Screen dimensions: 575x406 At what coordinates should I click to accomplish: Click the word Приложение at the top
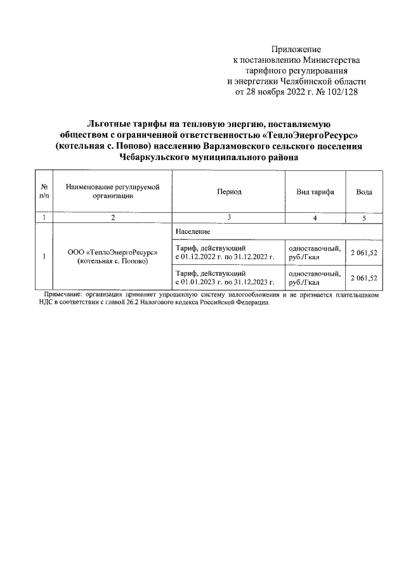coord(296,49)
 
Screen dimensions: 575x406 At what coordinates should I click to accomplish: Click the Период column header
coord(229,191)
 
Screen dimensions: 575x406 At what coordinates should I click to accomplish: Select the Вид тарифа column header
coord(315,191)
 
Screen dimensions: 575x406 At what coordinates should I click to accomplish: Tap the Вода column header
coord(364,191)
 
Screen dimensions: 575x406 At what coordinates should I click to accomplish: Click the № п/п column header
coord(44,191)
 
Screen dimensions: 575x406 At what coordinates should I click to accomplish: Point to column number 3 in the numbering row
coord(229,217)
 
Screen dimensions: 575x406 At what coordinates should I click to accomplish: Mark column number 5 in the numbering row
coord(364,218)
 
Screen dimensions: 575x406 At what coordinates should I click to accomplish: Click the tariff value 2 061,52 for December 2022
coord(364,252)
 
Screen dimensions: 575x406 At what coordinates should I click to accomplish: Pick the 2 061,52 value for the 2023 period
coord(364,278)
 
